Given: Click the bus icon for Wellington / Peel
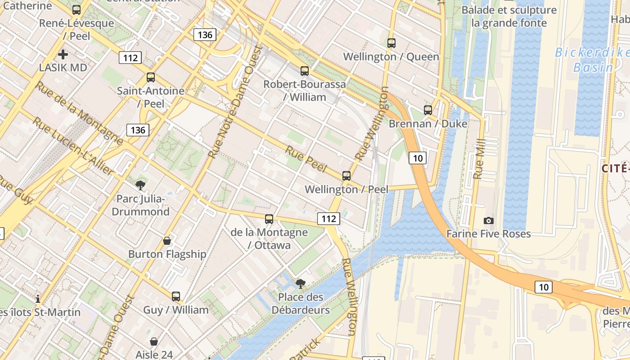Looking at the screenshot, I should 346,176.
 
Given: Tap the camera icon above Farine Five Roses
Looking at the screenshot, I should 488,220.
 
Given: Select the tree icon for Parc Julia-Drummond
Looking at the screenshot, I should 140,185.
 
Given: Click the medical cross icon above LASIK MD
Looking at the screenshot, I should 63,54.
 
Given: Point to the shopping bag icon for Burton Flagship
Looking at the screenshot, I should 167,241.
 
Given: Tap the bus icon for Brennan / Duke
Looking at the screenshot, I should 427,110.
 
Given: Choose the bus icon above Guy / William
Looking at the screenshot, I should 175,297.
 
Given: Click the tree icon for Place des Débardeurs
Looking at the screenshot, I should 300,283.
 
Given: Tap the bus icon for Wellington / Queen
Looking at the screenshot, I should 391,43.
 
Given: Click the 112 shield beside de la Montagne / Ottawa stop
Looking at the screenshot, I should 328,219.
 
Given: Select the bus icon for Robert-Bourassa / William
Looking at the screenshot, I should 305,71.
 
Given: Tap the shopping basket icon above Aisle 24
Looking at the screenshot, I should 154,342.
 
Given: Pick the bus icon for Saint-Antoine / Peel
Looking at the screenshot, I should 151,77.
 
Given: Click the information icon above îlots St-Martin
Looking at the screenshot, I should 38,299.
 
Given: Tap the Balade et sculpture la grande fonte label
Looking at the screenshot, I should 509,16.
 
